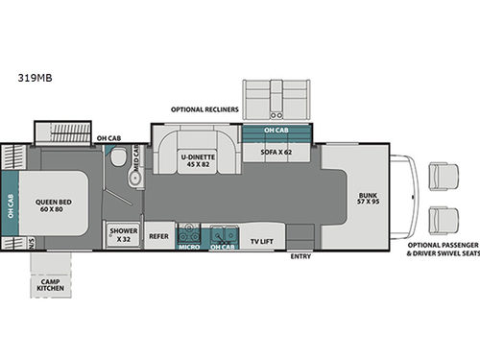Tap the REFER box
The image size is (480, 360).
158,236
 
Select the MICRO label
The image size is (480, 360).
188,247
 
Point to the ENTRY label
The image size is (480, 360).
300,256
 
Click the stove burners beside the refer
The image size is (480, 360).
189,231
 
